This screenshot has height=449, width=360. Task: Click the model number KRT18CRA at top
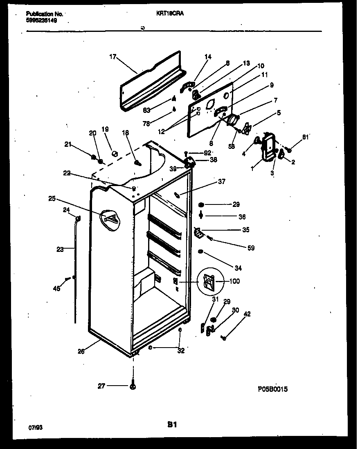(x=170, y=13)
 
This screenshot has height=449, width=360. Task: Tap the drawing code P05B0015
(x=272, y=389)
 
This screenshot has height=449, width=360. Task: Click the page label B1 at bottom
(x=172, y=425)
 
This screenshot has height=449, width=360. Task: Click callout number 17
(x=113, y=57)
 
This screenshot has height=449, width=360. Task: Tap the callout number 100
(x=235, y=281)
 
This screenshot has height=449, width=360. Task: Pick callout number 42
(x=247, y=314)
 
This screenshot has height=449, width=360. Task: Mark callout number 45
(x=56, y=288)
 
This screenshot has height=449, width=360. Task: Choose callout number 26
(x=81, y=351)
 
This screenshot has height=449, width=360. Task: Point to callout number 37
(x=221, y=182)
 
